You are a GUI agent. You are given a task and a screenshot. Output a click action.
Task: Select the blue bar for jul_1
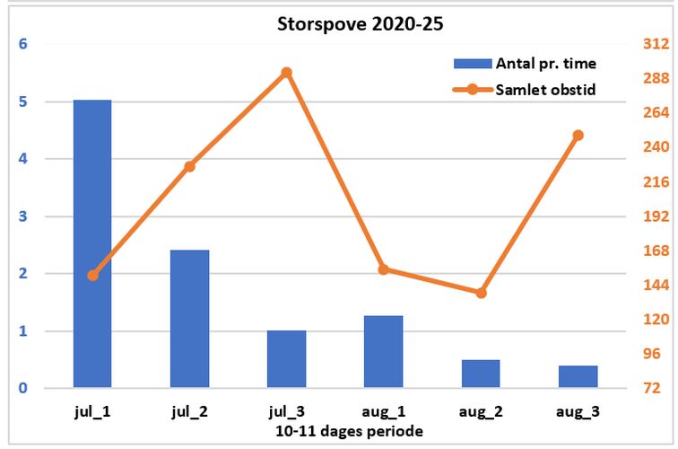92,244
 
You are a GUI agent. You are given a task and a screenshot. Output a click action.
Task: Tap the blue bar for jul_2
189,319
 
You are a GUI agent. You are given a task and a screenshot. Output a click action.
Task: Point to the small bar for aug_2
481,374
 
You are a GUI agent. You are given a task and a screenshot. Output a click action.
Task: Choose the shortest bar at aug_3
578,377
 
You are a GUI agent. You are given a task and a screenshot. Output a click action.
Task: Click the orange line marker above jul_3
286,73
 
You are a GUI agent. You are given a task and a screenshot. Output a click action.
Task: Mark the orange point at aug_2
481,293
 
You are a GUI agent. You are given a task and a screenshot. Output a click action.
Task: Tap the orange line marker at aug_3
578,136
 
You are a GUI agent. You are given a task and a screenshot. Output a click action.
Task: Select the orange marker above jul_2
189,166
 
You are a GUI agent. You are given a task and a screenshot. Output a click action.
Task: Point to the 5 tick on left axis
23,101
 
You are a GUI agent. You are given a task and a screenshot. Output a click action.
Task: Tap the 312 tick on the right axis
655,44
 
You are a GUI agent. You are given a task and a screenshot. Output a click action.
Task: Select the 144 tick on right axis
655,286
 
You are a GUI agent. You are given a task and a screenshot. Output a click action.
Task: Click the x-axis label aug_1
383,412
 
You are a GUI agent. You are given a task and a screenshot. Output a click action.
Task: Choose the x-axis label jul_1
92,412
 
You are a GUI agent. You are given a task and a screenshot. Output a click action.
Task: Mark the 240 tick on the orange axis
655,147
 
